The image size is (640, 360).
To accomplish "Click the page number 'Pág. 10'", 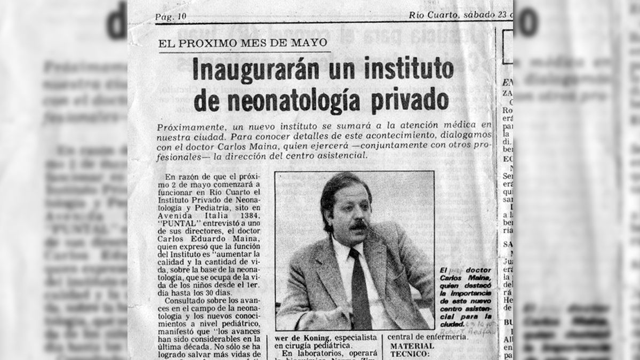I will (171, 17).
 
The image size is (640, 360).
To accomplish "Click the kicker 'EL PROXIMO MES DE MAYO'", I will (243, 43).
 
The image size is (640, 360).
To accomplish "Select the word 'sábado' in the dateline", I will (477, 15).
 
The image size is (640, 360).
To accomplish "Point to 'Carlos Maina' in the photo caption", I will (458, 279).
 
